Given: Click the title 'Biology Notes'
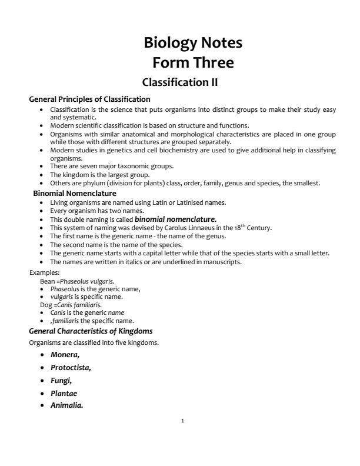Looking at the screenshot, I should [193, 43].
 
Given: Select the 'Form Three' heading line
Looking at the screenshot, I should [193, 62].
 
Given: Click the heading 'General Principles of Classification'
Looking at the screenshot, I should [89, 99].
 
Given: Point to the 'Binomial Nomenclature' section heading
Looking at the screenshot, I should [75, 193].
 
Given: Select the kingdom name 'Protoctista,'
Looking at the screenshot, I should [71, 368].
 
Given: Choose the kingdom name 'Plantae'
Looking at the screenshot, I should [64, 393].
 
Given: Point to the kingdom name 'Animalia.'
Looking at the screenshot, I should [66, 405].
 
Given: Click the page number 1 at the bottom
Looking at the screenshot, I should [183, 421].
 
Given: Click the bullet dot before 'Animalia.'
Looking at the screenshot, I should [42, 405].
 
